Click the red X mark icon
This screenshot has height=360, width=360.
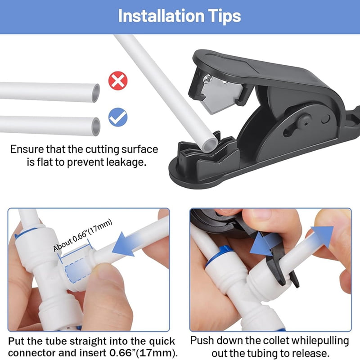coord(118,81)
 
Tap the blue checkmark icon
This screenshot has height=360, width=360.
coord(118,117)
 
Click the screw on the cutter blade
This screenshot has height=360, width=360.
coord(208,79)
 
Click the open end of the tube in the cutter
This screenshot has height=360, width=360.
coord(210,145)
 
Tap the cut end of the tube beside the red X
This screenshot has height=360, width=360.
coord(96,93)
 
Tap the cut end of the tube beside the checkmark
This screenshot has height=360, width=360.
coord(96,126)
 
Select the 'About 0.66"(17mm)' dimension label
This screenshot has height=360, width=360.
coord(82,235)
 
